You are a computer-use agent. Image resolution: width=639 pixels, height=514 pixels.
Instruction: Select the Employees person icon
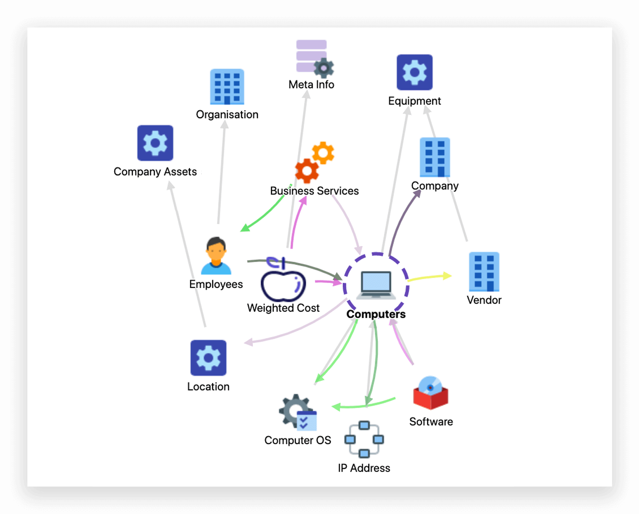(x=216, y=256)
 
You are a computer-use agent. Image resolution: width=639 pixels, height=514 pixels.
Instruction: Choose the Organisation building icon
(x=227, y=87)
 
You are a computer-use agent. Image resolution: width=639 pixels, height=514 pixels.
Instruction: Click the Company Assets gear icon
(x=155, y=143)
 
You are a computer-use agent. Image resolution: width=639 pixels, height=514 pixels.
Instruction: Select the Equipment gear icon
(x=414, y=72)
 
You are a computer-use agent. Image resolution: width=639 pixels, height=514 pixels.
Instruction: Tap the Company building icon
(x=435, y=157)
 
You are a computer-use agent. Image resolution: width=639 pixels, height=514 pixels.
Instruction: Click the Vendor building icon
(x=484, y=272)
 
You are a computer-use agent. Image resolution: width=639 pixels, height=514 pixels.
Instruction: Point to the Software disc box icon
(x=430, y=393)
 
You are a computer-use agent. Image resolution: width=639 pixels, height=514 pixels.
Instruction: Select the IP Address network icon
(x=364, y=439)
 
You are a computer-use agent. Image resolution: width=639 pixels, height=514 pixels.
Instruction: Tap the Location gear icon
(x=208, y=357)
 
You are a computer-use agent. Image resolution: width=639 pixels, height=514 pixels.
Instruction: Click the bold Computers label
(x=376, y=314)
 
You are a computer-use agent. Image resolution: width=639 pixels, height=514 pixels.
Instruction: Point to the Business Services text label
(x=314, y=191)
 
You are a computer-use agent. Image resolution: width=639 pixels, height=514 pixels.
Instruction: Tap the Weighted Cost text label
(x=283, y=308)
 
